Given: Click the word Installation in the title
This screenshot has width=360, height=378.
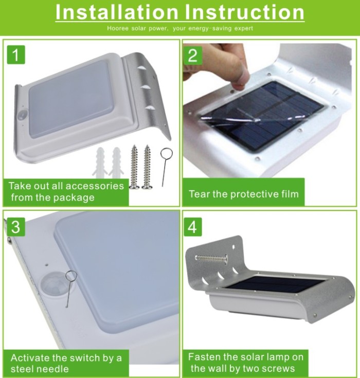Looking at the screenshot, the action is pyautogui.click(x=117, y=12).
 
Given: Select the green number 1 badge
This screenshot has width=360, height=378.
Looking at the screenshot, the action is pyautogui.click(x=16, y=55).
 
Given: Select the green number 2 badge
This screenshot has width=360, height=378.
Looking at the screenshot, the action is pyautogui.click(x=193, y=55).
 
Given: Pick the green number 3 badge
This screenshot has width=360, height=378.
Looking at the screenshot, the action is pyautogui.click(x=16, y=227).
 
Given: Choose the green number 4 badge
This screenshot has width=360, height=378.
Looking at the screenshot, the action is pyautogui.click(x=193, y=227).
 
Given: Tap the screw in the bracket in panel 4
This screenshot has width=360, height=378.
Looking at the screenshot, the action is pyautogui.click(x=211, y=259).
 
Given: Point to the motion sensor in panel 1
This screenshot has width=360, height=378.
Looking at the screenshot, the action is pyautogui.click(x=23, y=115).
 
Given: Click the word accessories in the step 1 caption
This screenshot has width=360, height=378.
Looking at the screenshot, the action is pyautogui.click(x=95, y=186).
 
